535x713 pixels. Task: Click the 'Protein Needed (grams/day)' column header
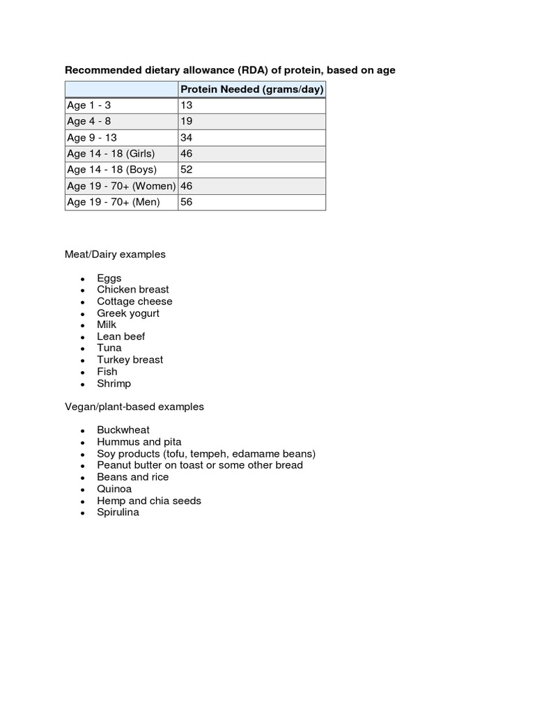point(251,89)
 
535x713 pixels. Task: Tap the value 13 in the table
point(186,105)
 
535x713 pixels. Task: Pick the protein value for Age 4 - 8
point(186,121)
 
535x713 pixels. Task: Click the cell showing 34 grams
point(186,137)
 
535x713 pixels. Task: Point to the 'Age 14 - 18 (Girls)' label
point(111,153)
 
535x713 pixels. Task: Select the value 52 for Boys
point(186,169)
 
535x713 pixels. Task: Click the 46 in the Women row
point(186,186)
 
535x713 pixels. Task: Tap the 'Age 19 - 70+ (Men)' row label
point(113,202)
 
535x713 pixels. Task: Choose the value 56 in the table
point(186,202)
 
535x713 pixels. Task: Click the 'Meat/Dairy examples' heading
point(115,254)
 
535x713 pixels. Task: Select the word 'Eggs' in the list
point(109,278)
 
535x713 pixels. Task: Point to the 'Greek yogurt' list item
point(127,313)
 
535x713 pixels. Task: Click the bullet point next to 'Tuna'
point(82,349)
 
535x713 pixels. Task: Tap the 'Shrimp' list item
point(114,384)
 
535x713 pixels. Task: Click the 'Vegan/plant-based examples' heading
point(134,407)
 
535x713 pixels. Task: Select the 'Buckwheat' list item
point(123,430)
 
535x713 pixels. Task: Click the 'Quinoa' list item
point(114,489)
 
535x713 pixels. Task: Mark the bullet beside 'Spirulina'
point(82,513)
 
